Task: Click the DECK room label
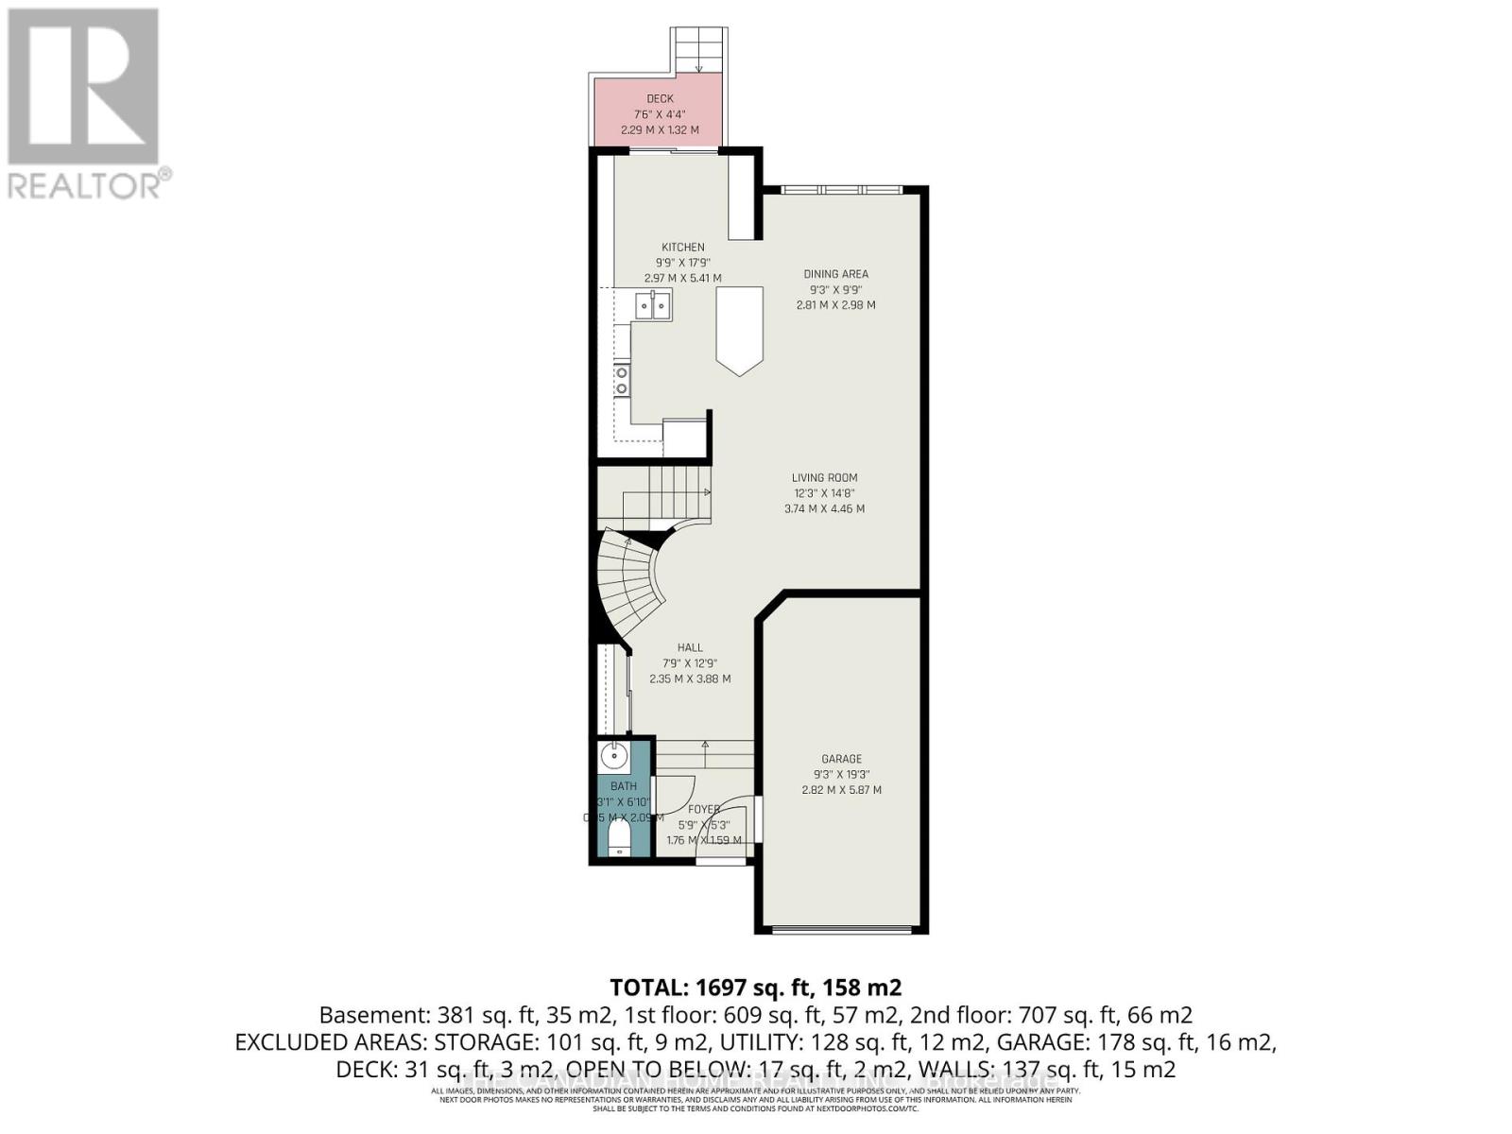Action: pos(660,98)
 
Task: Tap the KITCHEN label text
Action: pos(682,248)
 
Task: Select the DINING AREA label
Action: pos(835,274)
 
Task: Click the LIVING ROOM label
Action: pos(824,478)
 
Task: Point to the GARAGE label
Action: pos(841,759)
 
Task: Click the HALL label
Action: pos(690,648)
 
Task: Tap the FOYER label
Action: pos(703,809)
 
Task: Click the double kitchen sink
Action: pos(653,306)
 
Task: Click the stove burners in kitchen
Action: pos(622,380)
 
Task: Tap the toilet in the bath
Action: pos(619,836)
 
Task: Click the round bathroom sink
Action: pos(613,755)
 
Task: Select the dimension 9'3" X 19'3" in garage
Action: pos(841,775)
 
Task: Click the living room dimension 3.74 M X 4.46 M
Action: pos(824,508)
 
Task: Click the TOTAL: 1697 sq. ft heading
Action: pos(755,988)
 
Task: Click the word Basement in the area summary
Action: pos(374,1016)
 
